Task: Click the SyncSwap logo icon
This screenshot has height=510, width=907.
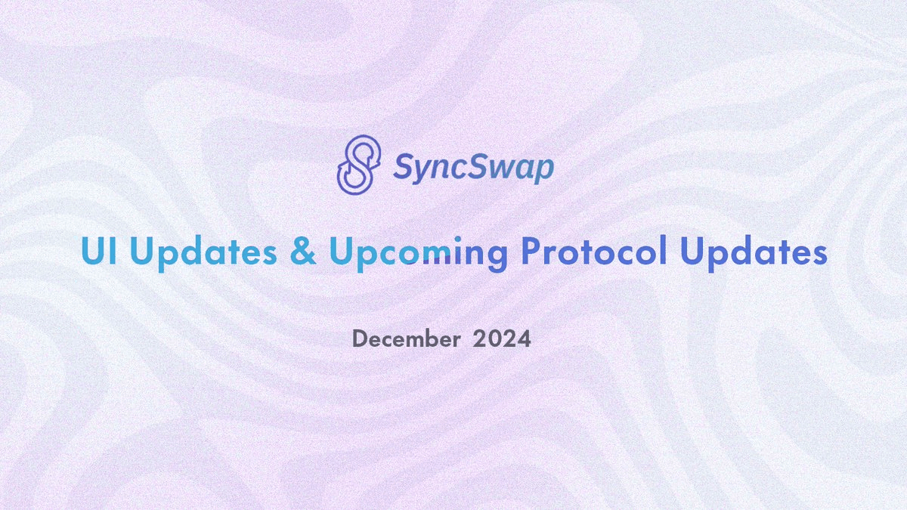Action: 357,162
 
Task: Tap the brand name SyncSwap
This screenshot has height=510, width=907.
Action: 473,165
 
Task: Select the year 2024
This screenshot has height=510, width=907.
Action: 502,339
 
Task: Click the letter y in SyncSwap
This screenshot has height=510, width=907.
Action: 421,169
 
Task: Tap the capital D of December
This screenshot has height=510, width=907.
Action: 361,339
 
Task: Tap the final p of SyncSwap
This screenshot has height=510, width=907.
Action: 543,169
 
